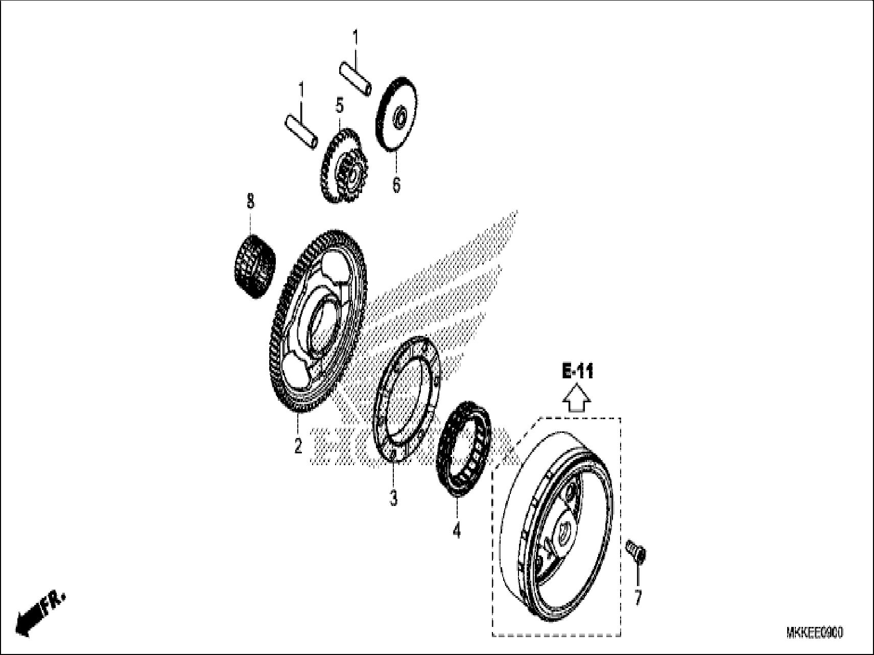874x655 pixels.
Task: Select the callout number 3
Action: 393,498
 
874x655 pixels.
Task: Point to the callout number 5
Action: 340,106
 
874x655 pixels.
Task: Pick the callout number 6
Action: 396,184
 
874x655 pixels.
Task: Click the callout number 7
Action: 637,597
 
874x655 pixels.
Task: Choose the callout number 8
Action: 250,201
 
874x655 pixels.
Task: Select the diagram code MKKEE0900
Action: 814,633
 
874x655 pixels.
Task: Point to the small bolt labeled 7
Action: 636,552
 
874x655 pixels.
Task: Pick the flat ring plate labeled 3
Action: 408,398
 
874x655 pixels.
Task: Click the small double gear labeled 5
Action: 340,164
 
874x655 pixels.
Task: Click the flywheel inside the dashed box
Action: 554,526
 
